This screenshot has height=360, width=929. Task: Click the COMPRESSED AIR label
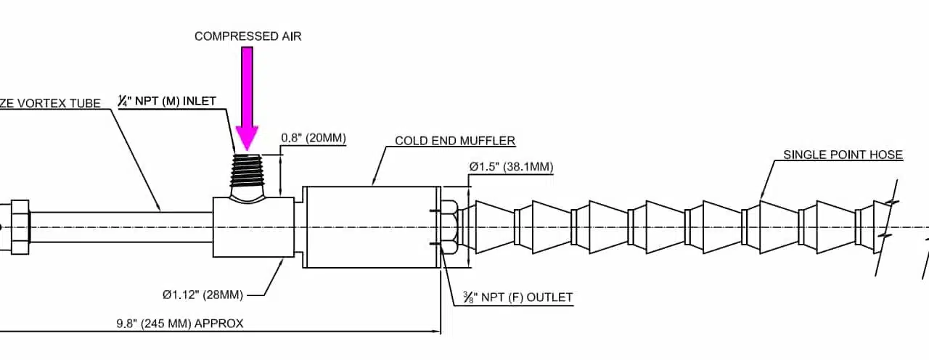tap(247, 36)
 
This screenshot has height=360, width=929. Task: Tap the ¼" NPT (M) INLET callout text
tap(167, 101)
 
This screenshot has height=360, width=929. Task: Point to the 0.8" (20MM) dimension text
tap(314, 138)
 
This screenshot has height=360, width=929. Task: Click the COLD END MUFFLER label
tap(455, 141)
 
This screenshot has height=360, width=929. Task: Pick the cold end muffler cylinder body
tap(370, 227)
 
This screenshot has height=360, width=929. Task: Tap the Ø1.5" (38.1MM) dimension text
tap(511, 167)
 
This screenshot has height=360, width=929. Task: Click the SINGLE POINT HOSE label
tap(843, 155)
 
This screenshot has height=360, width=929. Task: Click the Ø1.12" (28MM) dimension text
tap(202, 295)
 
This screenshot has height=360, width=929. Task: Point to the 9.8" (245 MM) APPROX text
tap(180, 324)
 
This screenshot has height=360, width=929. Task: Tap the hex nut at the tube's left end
tap(19, 227)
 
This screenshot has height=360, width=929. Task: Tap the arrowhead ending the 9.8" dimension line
tap(438, 332)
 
